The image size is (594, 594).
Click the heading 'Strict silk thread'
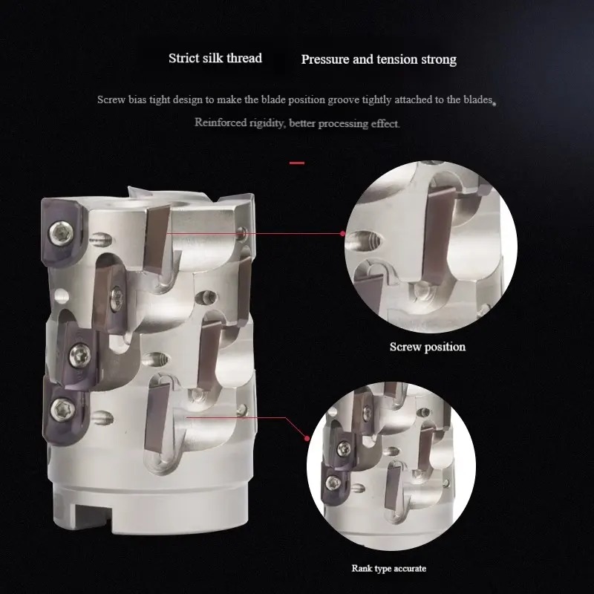tap(215, 59)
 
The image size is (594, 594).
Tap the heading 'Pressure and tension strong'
tap(379, 59)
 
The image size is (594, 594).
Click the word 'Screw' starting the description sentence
tap(111, 99)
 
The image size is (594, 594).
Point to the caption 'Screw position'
tap(428, 347)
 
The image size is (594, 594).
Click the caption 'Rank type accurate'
tap(388, 568)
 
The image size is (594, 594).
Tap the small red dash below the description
tap(297, 163)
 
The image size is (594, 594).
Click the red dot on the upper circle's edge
tap(342, 234)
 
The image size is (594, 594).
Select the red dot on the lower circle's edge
tap(307, 438)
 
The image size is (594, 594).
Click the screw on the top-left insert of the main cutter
tap(61, 232)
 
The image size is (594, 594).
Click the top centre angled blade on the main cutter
tap(156, 236)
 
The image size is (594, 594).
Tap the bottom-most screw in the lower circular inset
tap(333, 482)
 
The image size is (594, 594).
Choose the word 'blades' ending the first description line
tap(478, 99)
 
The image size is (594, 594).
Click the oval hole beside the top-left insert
tap(101, 239)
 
